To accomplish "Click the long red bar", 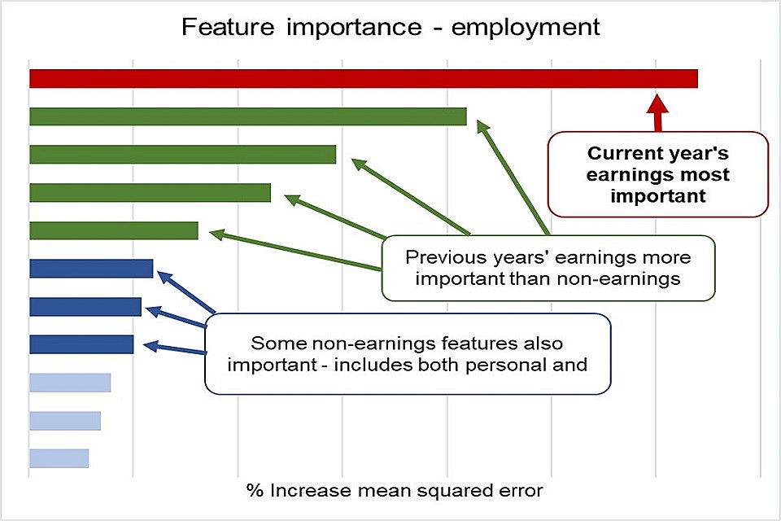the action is [x=364, y=79].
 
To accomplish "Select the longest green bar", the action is [x=248, y=116].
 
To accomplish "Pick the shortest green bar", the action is [x=114, y=230].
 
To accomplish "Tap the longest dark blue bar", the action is [x=91, y=268].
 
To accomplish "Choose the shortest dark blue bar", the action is [x=81, y=344].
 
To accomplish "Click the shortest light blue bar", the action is [x=59, y=458].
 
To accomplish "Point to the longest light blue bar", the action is [x=70, y=383].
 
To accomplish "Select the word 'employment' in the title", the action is [x=526, y=28].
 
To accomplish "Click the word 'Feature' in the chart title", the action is [x=228, y=26].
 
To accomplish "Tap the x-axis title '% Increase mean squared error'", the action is [x=395, y=491].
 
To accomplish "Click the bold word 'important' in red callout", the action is [x=658, y=196].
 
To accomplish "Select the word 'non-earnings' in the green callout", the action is [x=618, y=278].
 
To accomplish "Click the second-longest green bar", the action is [x=183, y=154].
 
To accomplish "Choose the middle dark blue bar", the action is [x=85, y=307].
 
